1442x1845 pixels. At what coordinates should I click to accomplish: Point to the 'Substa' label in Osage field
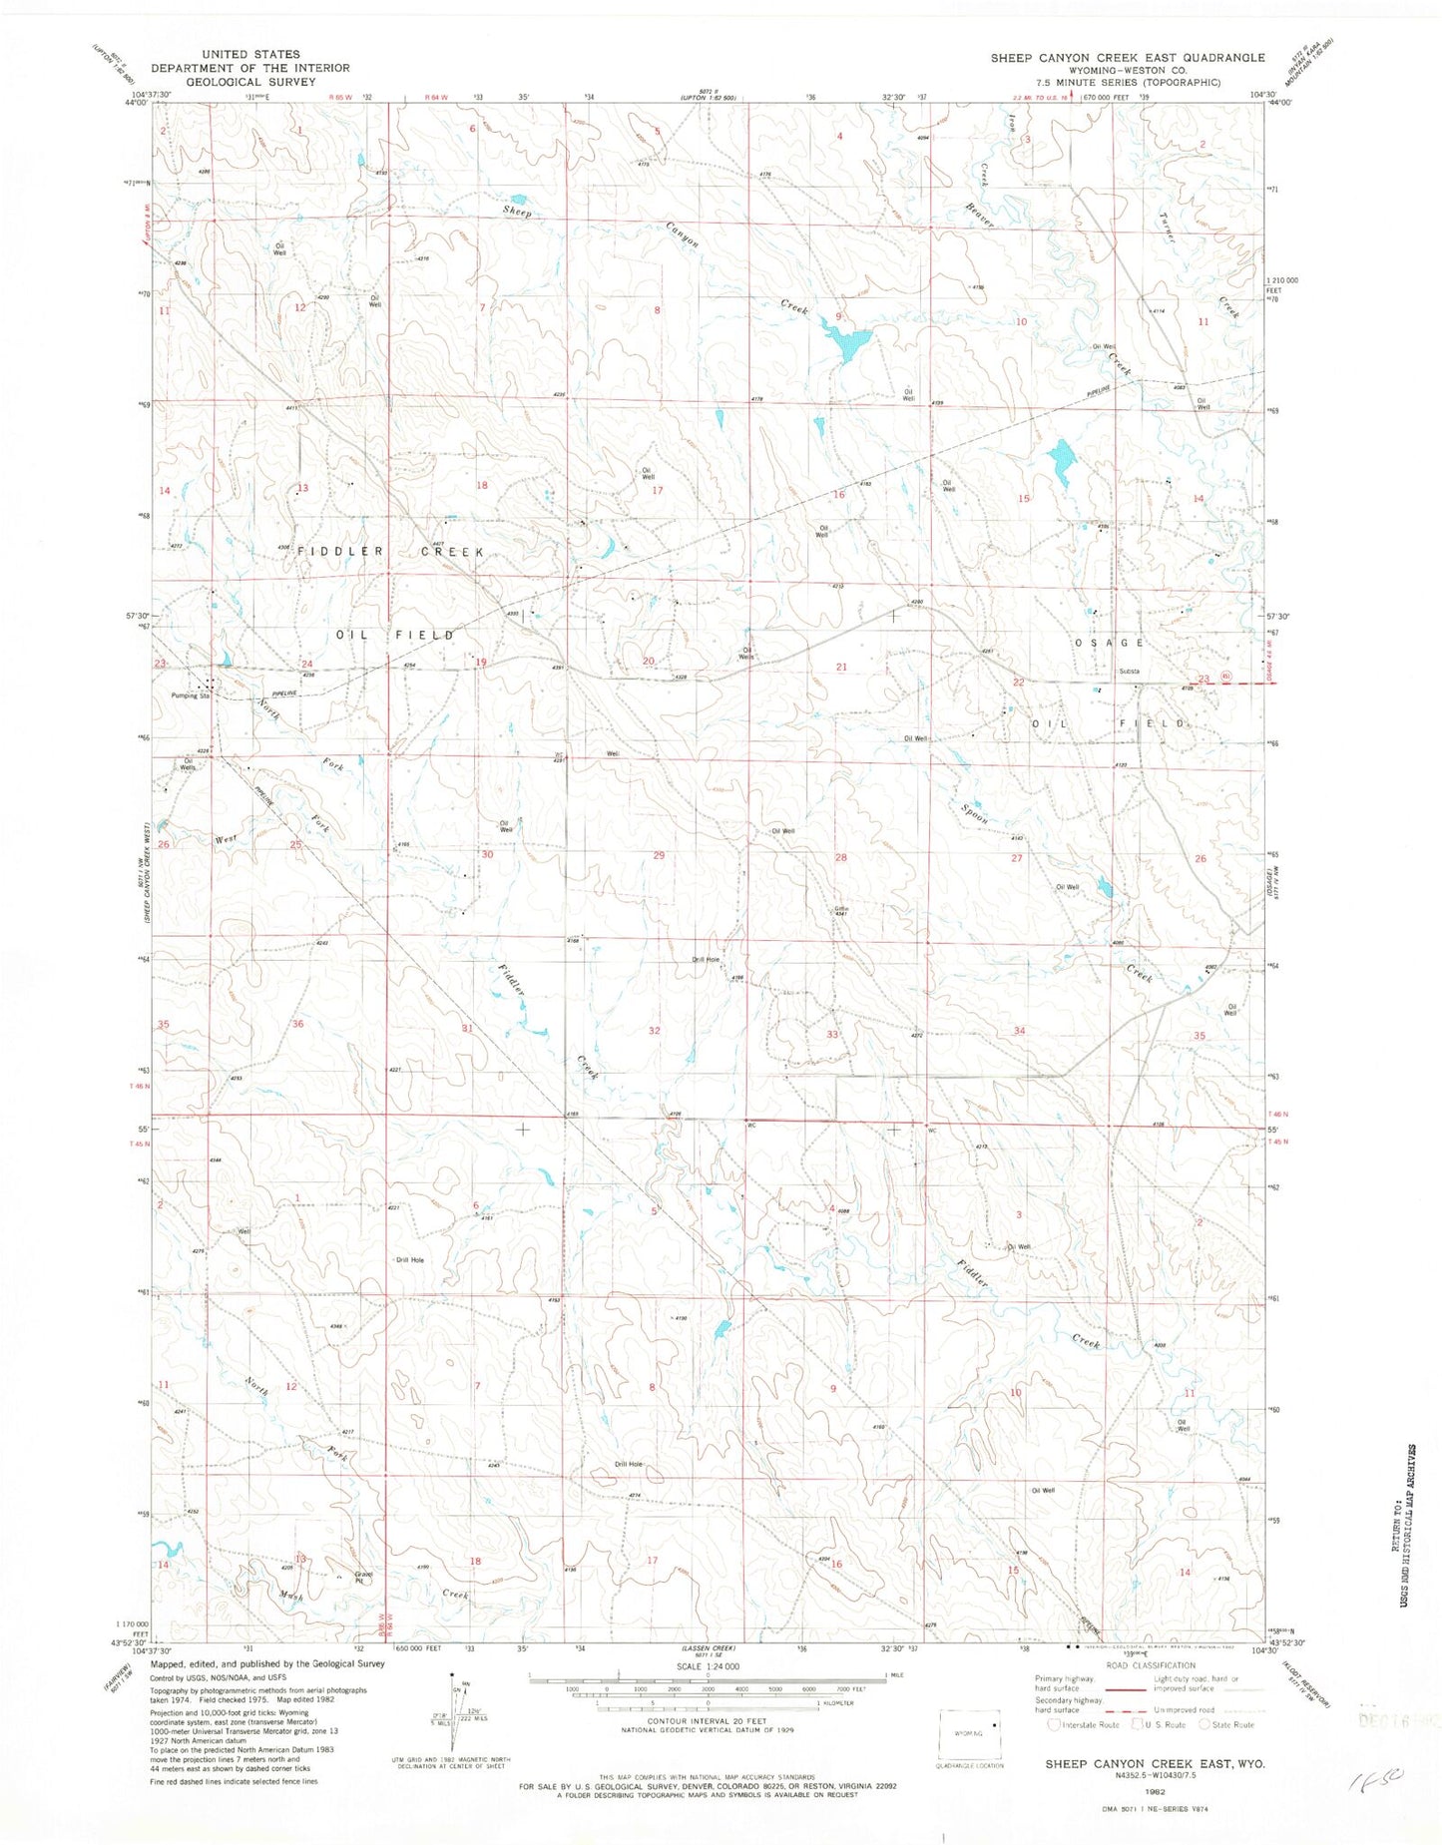1130,671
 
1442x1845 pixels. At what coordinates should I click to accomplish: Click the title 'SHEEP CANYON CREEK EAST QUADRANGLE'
1127,58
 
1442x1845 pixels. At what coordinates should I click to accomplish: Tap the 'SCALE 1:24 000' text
708,1666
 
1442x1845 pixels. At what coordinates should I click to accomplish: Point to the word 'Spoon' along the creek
975,814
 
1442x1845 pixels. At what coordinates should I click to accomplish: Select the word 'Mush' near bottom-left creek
290,1597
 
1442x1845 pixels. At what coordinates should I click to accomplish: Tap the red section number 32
654,1030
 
